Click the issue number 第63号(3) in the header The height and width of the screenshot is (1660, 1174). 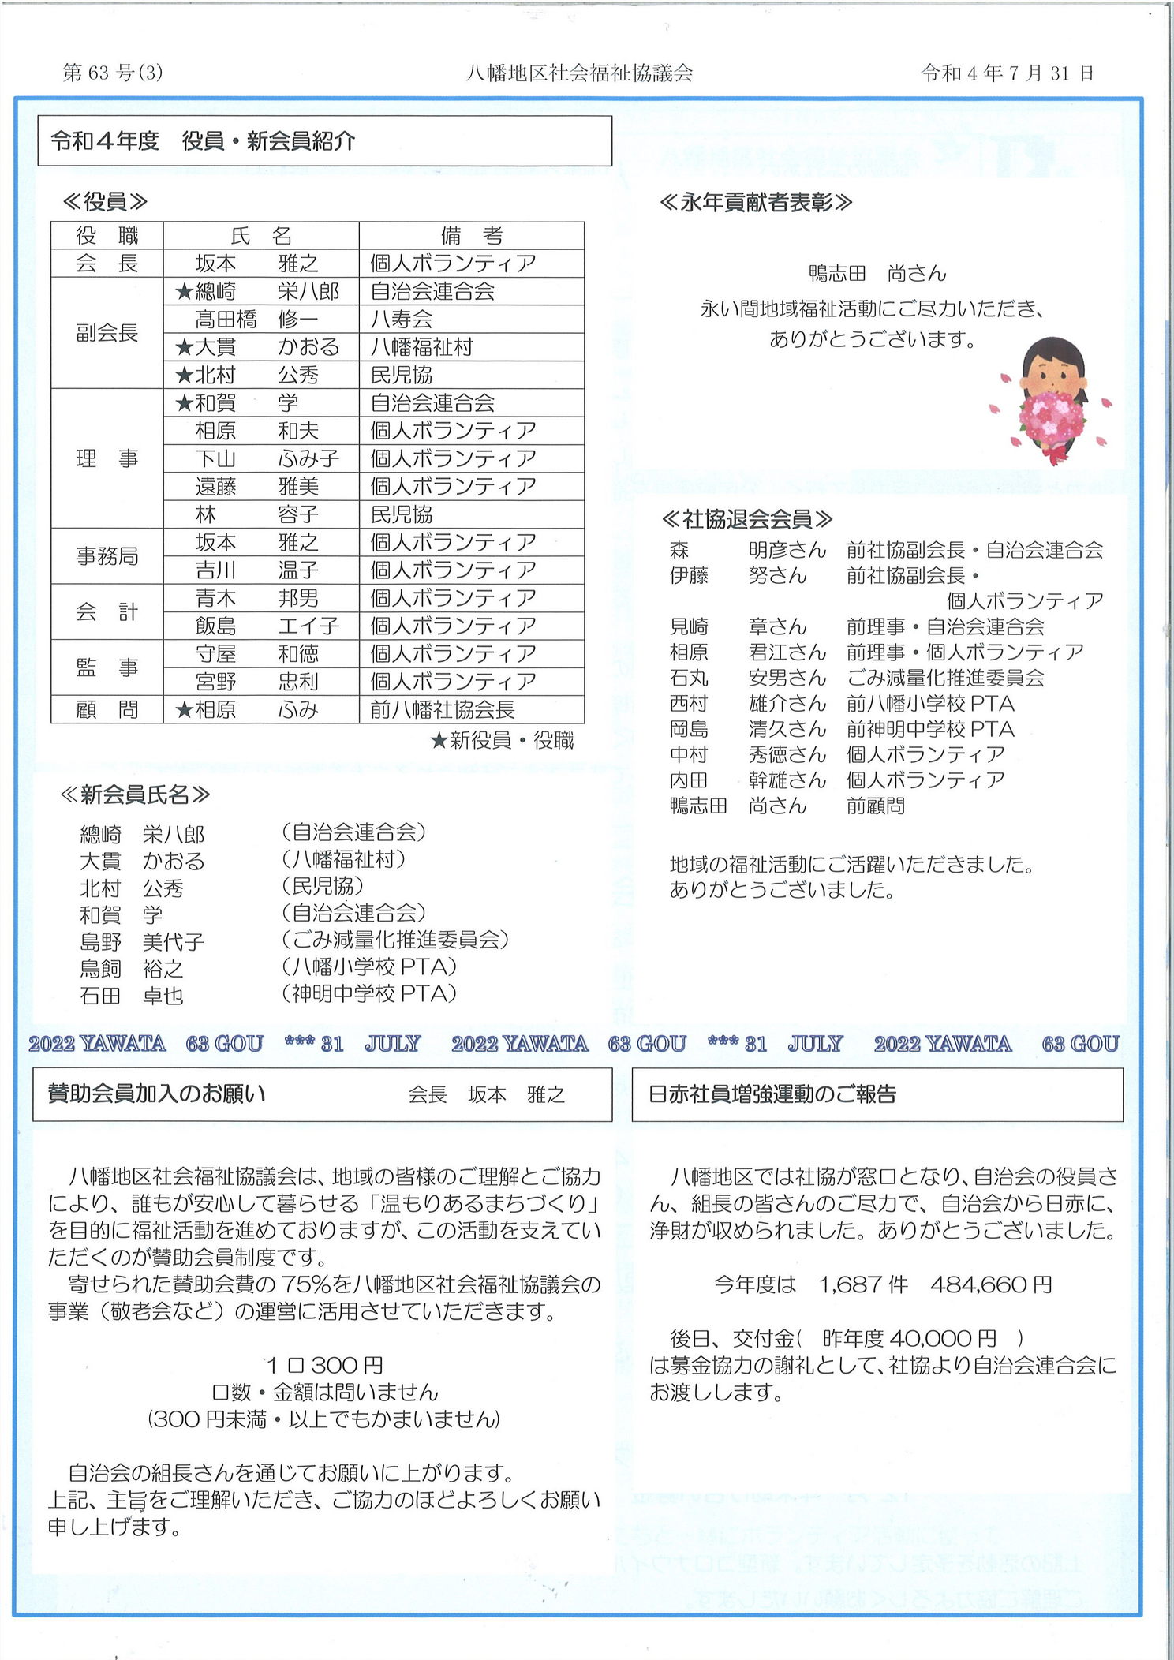(113, 73)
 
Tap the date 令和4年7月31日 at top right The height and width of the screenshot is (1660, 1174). (1007, 73)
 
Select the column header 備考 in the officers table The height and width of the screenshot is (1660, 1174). (471, 235)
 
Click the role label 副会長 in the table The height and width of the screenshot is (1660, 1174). (107, 332)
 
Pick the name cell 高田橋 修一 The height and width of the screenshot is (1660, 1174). (256, 319)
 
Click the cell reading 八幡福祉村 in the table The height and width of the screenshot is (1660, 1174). (421, 347)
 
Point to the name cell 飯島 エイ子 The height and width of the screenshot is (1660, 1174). (267, 626)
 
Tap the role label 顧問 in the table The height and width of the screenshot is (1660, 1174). (107, 709)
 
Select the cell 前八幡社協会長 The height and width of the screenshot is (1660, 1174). (442, 709)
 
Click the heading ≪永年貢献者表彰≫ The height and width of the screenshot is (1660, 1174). (755, 203)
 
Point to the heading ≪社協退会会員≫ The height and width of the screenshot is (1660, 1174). (746, 518)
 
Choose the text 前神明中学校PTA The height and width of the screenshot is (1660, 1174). (930, 729)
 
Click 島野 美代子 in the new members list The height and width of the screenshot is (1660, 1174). (142, 941)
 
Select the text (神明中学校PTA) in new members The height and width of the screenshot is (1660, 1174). (368, 993)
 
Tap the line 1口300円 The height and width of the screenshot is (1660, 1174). (323, 1366)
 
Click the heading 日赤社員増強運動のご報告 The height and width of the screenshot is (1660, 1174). (772, 1094)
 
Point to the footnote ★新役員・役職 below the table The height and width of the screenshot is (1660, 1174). (502, 740)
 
